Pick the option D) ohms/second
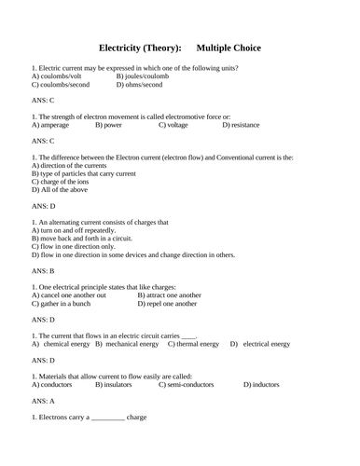coord(140,85)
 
